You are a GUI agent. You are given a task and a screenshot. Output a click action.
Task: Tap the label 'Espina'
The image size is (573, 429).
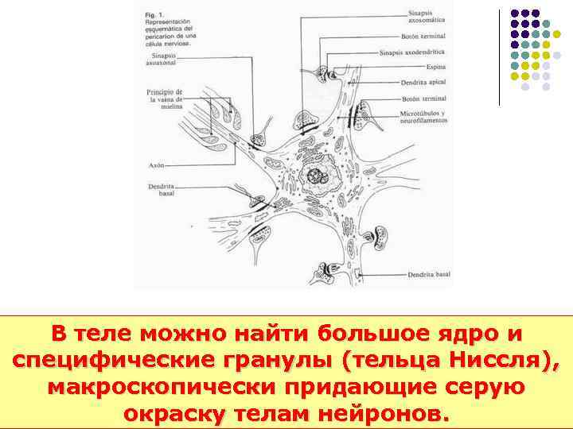tap(435, 67)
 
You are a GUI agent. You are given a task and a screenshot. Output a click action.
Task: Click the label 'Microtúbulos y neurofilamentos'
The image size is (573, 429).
tap(423, 117)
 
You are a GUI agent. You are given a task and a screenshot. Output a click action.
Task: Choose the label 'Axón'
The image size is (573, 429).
tap(156, 165)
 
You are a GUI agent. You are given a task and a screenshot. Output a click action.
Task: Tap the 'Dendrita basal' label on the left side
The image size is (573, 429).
tap(161, 190)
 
